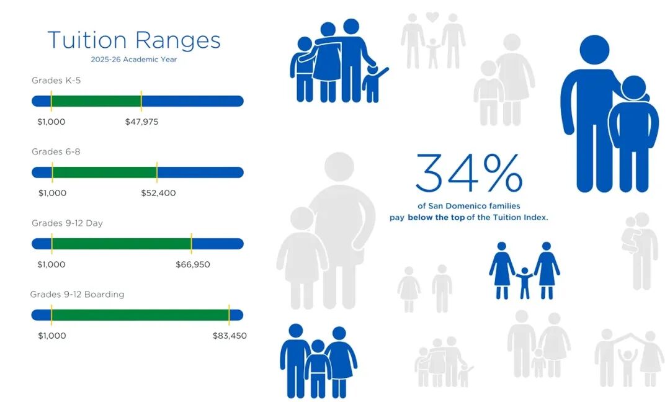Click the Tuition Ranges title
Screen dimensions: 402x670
[134, 41]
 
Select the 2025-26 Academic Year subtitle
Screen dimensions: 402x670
[134, 60]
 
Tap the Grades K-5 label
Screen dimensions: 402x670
[56, 80]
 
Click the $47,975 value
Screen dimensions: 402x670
[141, 122]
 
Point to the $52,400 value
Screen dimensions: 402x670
[158, 193]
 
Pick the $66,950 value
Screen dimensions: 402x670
[193, 264]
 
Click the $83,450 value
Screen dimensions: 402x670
[230, 336]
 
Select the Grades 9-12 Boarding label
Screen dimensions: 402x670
[77, 294]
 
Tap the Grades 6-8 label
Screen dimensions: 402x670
[56, 151]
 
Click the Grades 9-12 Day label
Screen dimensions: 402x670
[67, 223]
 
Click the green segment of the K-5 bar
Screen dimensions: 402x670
[96, 101]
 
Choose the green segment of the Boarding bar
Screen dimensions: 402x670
[140, 315]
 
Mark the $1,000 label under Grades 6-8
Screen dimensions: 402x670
[52, 193]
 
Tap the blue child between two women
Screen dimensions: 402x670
[524, 282]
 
